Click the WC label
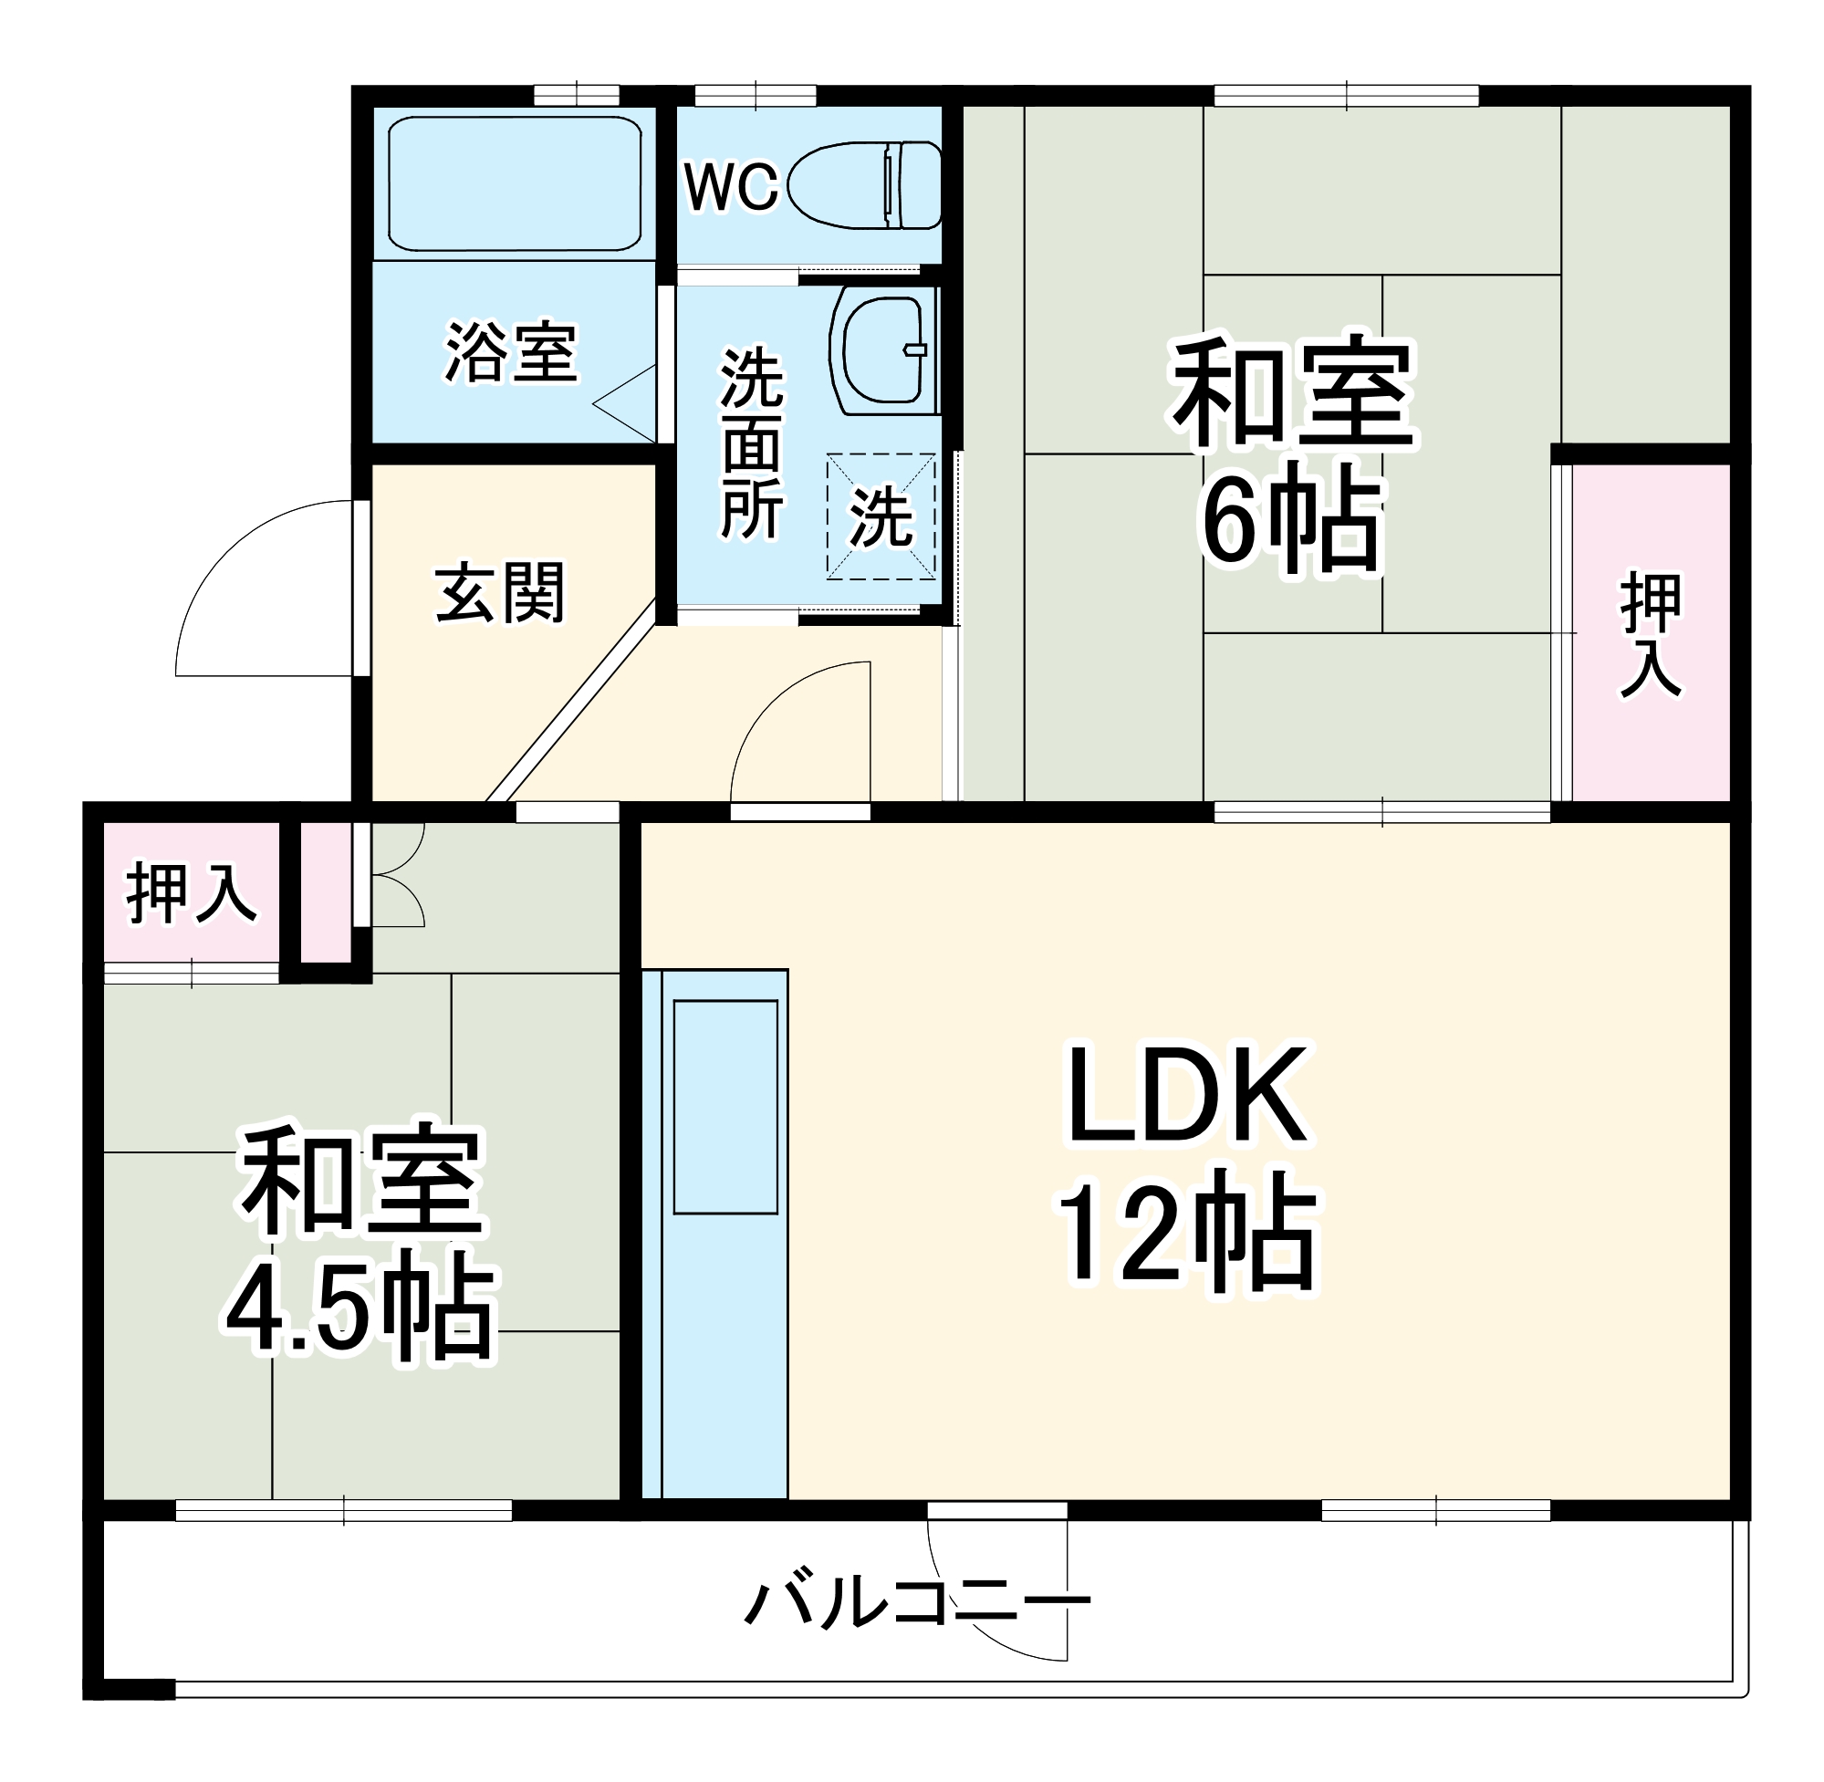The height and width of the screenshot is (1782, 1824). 730,187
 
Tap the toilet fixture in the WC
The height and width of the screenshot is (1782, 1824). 865,185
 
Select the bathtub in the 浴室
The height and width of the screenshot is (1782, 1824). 514,183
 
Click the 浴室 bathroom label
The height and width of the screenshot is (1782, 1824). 511,353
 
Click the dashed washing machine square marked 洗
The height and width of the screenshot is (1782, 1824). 881,516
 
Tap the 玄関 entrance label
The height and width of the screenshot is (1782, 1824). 501,592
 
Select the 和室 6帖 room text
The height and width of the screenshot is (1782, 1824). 1291,449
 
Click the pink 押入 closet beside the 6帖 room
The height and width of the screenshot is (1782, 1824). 1650,632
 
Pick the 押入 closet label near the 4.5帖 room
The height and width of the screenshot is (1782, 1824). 191,893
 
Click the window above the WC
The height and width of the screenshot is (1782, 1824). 756,96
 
